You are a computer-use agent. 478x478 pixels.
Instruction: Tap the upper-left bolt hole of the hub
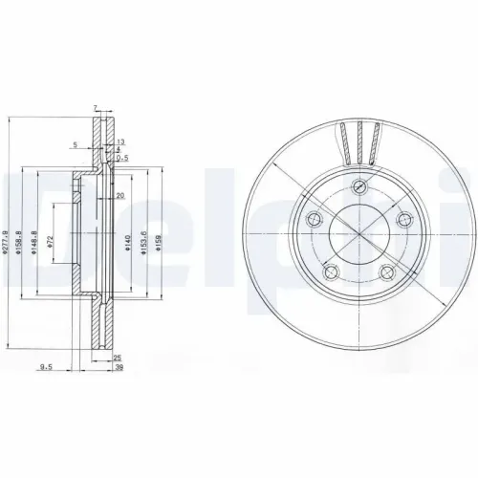pos(313,219)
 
